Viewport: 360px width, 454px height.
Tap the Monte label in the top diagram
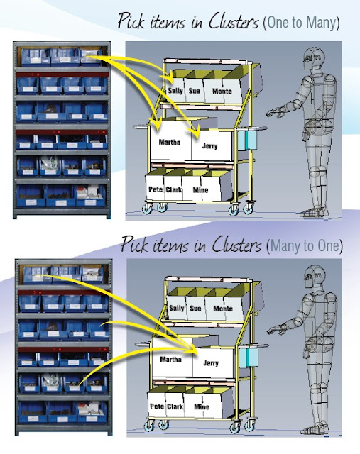point(222,92)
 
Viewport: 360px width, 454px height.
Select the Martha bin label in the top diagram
point(169,142)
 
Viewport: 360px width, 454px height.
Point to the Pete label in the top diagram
point(156,190)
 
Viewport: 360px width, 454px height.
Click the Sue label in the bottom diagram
point(196,309)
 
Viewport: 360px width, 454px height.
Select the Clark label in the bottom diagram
point(175,407)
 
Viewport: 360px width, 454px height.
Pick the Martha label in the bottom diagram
point(171,360)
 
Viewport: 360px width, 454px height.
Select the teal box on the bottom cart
point(249,356)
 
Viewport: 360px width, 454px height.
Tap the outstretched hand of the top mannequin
point(271,112)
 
